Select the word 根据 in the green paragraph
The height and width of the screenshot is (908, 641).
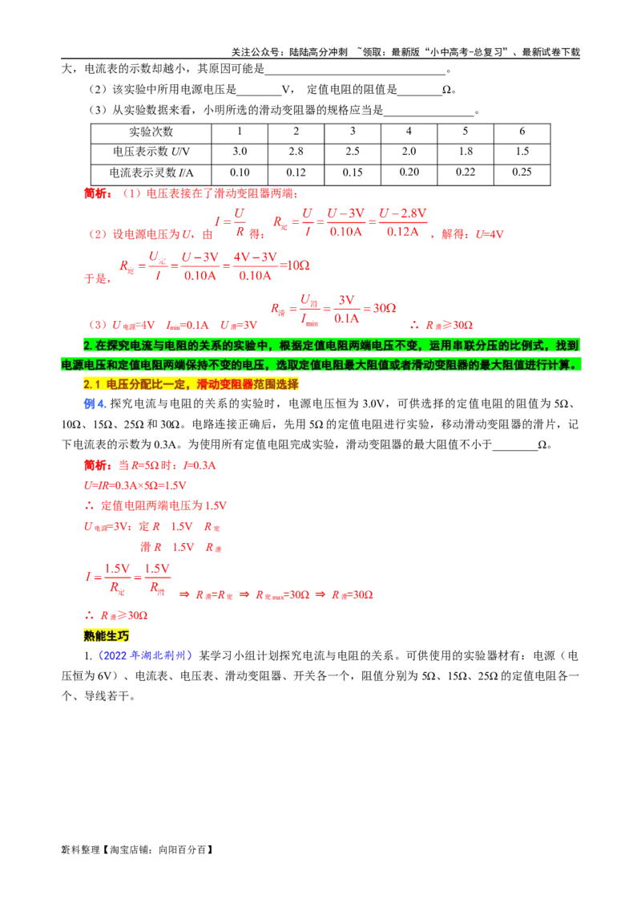click(x=288, y=346)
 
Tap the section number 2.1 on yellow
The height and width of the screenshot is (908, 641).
click(x=91, y=384)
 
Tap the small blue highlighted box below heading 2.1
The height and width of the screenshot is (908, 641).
click(x=95, y=404)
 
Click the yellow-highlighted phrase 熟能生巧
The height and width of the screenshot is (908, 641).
click(x=106, y=635)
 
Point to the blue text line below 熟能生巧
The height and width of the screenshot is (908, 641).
click(x=144, y=655)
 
